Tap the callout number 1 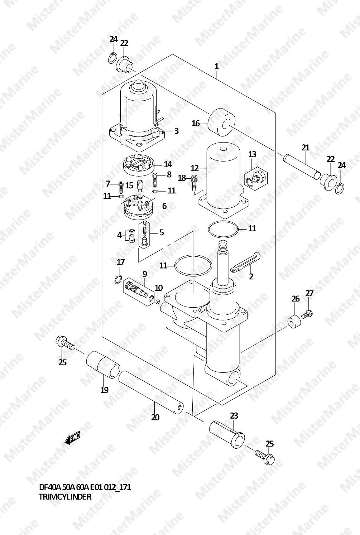[x=216, y=66]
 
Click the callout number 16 [x=196, y=124]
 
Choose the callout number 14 [x=168, y=164]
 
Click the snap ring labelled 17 [x=118, y=279]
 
